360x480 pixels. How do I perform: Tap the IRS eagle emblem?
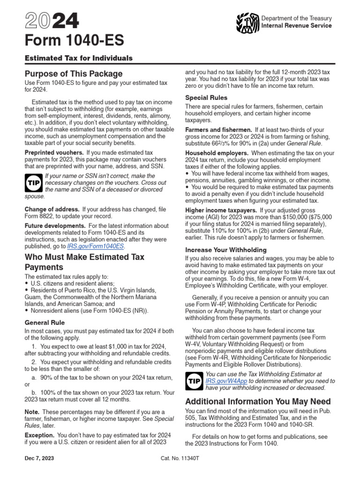click(x=247, y=22)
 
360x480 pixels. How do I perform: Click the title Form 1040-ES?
click(x=74, y=41)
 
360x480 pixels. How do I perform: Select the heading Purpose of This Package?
click(x=73, y=74)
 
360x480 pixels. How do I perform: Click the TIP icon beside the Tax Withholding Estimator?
click(x=195, y=381)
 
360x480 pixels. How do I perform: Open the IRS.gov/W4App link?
click(x=226, y=381)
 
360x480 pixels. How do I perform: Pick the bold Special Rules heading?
click(x=206, y=97)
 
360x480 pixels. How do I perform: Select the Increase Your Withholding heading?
click(x=226, y=250)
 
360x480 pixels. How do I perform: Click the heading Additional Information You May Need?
click(x=258, y=402)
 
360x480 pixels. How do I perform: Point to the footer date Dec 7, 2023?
click(x=39, y=472)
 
